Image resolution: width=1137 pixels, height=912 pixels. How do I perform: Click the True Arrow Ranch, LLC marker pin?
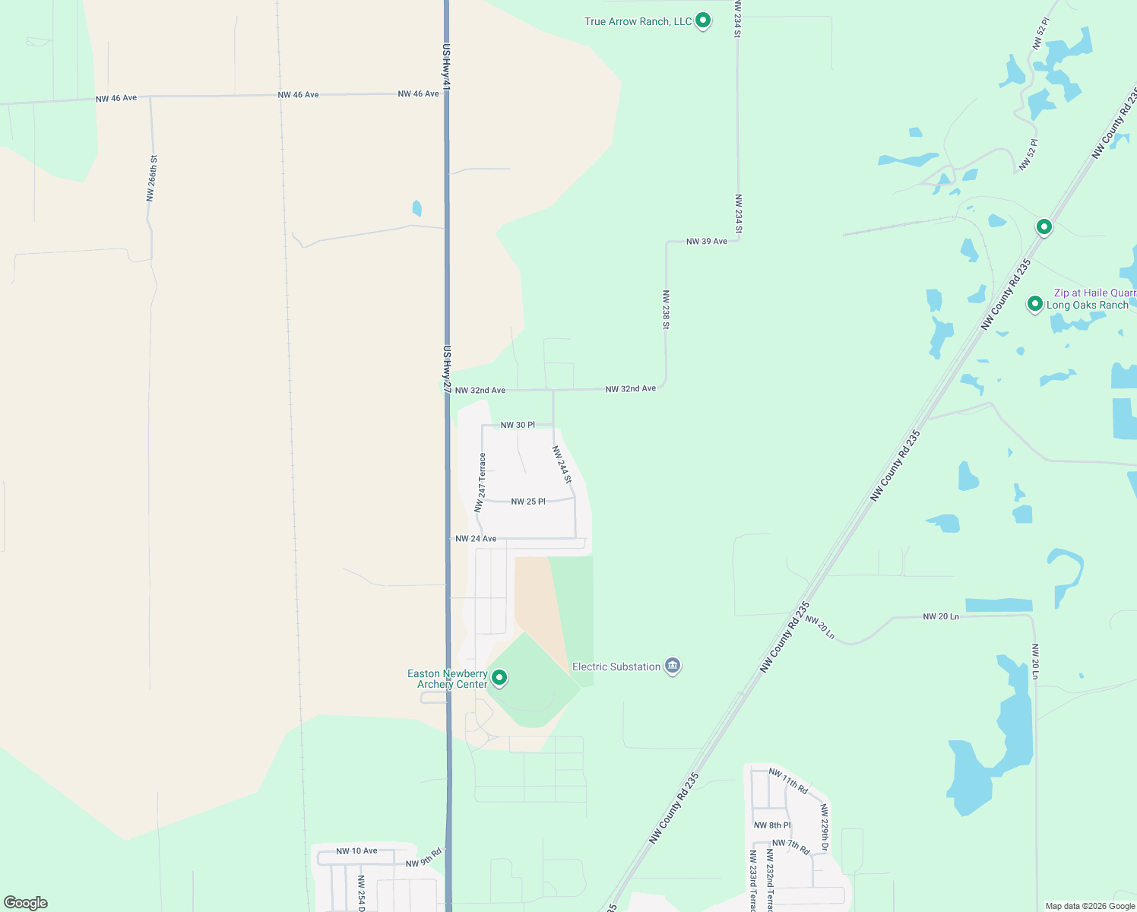click(703, 21)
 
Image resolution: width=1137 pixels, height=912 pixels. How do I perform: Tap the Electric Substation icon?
click(672, 667)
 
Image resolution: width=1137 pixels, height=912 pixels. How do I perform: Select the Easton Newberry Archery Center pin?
click(499, 677)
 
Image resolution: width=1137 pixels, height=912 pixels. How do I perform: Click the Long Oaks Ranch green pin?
click(1034, 304)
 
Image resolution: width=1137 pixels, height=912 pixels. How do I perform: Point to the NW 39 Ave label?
click(707, 242)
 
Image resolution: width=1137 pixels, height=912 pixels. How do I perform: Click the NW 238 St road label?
click(666, 309)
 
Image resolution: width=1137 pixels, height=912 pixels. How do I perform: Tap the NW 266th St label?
click(152, 179)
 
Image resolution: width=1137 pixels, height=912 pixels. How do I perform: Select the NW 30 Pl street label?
click(518, 425)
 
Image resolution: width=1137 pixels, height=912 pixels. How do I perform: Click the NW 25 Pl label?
click(528, 502)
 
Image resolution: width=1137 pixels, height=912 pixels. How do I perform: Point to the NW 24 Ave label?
click(476, 539)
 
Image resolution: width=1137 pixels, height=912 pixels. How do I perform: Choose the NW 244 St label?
click(562, 464)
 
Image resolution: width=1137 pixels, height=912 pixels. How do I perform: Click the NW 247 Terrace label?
click(480, 483)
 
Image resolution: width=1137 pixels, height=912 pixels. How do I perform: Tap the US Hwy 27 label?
click(447, 369)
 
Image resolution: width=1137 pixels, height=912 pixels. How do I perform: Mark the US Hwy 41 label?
click(447, 67)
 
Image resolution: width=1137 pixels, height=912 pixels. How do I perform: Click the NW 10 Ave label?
click(356, 851)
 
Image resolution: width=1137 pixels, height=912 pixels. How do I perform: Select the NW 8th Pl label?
click(772, 825)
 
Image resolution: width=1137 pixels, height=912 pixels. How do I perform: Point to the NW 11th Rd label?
click(788, 781)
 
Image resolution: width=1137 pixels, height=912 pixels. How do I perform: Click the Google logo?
click(26, 903)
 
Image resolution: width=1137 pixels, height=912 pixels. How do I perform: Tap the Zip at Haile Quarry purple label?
click(1094, 293)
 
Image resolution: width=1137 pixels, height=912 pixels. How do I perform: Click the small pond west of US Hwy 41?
click(416, 207)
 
